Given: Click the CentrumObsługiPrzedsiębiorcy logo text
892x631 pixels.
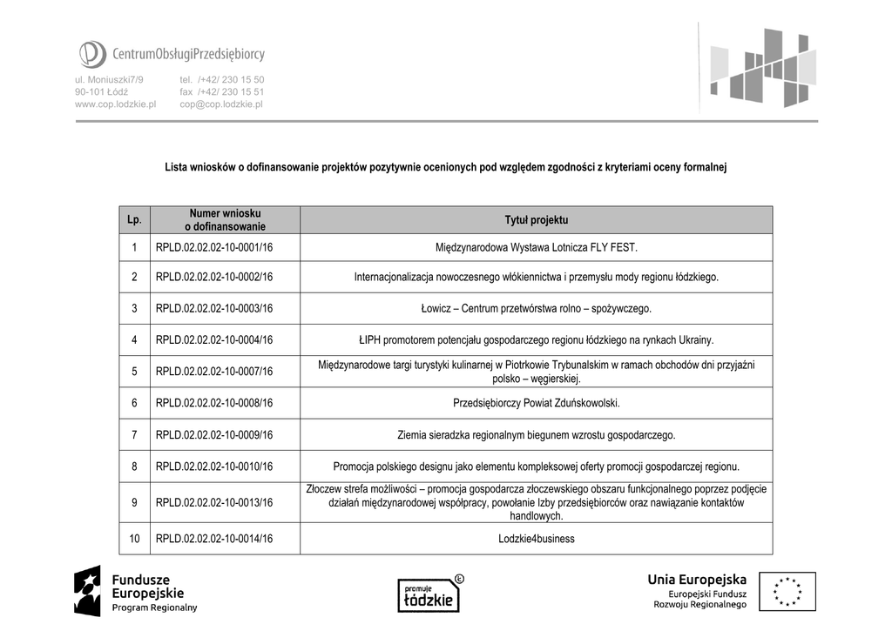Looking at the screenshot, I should [x=188, y=55].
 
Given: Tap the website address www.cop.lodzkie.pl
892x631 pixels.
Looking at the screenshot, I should [x=115, y=104].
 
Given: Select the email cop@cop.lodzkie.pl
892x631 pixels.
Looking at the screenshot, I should [x=221, y=104].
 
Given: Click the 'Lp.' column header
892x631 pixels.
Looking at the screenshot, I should [x=135, y=220].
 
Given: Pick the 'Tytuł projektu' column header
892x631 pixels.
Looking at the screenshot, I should [x=536, y=220].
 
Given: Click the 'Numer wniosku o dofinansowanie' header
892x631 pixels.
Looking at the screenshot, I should [x=225, y=220].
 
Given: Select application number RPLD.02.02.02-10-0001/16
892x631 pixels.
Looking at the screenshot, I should [x=214, y=248].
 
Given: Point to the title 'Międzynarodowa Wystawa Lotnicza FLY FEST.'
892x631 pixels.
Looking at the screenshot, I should [x=536, y=248].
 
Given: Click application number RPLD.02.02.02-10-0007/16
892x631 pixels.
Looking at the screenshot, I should [x=214, y=372].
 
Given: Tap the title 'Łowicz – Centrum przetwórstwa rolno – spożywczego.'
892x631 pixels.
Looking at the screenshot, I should [x=536, y=308].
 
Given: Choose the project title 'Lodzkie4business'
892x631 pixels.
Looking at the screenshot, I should [x=536, y=539].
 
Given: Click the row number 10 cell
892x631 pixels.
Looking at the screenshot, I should [x=135, y=539].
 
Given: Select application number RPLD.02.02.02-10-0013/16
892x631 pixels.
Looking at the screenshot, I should [x=214, y=502].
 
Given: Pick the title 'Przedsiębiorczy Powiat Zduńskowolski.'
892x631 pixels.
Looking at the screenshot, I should [x=536, y=403].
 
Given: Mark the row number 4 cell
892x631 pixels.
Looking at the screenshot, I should [x=135, y=340].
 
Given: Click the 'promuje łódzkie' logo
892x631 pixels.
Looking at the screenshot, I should [x=430, y=594].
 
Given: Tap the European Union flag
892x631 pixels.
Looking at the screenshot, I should [x=787, y=591].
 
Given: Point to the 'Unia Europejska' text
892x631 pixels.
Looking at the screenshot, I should [x=696, y=580].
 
